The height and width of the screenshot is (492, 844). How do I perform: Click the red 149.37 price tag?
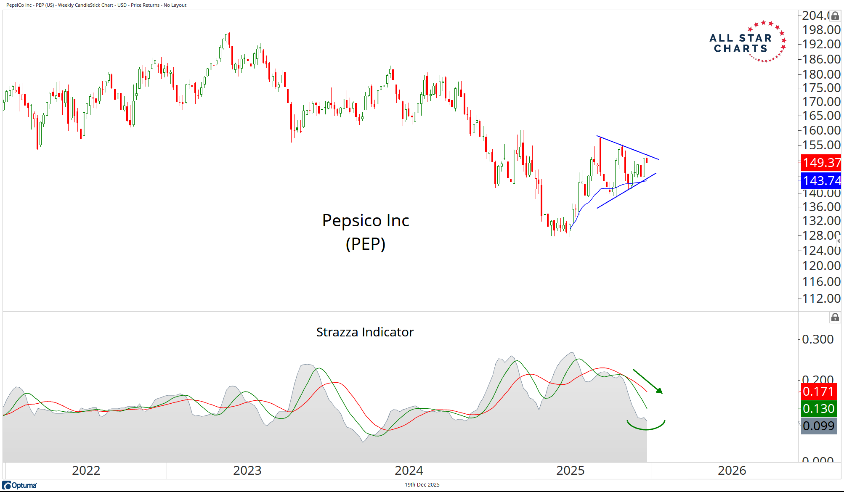tap(821, 163)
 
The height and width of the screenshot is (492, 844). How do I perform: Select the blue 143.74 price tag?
tap(821, 181)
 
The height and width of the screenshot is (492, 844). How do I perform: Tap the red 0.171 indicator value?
tap(818, 391)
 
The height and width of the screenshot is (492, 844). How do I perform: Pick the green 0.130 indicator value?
tap(818, 409)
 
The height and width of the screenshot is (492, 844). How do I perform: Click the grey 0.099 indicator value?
tap(818, 426)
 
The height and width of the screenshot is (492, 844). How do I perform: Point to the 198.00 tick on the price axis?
tap(821, 30)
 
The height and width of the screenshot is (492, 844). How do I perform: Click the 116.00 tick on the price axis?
tap(821, 282)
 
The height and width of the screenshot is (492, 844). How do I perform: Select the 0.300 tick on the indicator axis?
tap(817, 339)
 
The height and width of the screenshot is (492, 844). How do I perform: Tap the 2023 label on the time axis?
tap(247, 471)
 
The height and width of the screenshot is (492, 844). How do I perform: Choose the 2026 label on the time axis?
tap(732, 471)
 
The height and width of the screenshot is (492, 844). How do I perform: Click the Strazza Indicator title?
tap(365, 332)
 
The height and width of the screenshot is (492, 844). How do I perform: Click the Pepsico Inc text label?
tap(366, 221)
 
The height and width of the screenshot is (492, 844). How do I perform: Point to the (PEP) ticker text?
tap(366, 244)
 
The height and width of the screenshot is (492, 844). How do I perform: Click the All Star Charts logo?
tap(747, 42)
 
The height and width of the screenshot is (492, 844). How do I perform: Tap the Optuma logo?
tap(20, 485)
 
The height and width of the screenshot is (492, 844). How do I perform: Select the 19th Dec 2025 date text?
tap(422, 485)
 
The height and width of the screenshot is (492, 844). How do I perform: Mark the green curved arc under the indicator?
tap(646, 428)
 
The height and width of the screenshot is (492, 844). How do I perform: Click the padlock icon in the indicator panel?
tap(835, 317)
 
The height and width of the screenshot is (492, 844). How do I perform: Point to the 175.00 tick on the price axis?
tap(821, 88)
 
